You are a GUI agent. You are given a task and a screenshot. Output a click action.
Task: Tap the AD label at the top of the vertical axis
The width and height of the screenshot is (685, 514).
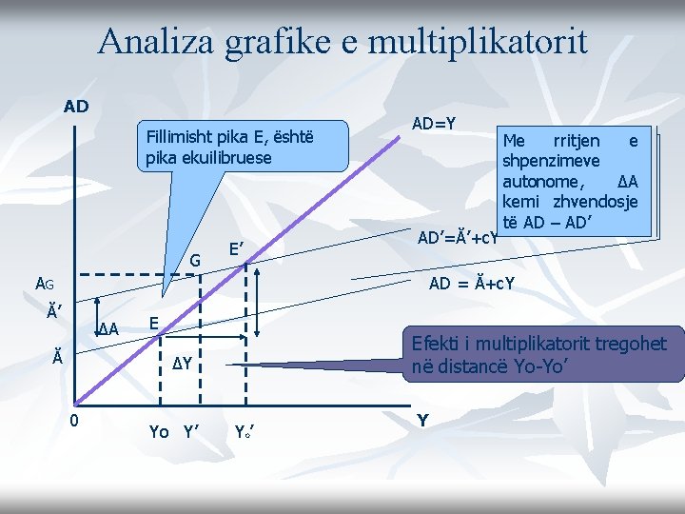click(x=76, y=106)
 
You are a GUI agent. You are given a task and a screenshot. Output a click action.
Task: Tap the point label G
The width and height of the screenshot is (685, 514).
click(x=195, y=260)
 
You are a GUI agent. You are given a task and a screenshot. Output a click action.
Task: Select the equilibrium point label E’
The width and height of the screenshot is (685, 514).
click(x=237, y=249)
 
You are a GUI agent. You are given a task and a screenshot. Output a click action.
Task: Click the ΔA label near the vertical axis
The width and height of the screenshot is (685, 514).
click(x=108, y=329)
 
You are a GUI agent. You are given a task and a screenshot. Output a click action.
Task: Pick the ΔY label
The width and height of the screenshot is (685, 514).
click(x=183, y=364)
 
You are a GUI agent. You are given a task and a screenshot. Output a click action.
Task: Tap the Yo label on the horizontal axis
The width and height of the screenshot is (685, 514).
click(x=159, y=432)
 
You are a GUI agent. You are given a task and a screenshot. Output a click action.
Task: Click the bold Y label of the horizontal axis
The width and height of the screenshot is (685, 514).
click(x=423, y=420)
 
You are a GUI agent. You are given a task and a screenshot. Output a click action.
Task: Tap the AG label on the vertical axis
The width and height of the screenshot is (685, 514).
click(x=46, y=283)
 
